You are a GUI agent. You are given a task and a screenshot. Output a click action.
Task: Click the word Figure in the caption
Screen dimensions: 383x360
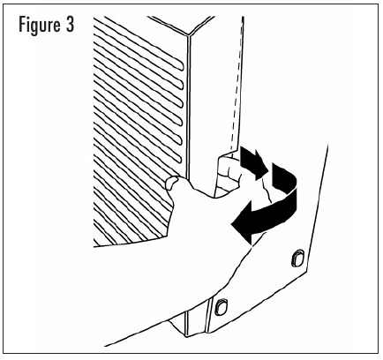pyautogui.click(x=38, y=26)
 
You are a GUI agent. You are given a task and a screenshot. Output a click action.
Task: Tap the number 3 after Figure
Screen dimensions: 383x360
pyautogui.click(x=70, y=24)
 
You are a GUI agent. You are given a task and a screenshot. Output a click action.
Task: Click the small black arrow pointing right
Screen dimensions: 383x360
pyautogui.click(x=254, y=162)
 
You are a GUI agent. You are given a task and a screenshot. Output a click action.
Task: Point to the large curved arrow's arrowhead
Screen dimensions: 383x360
pyautogui.click(x=242, y=222)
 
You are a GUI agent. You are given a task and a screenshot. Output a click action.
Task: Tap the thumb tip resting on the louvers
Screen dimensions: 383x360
pyautogui.click(x=170, y=183)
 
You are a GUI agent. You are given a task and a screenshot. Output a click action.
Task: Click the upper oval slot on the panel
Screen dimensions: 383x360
pyautogui.click(x=298, y=258)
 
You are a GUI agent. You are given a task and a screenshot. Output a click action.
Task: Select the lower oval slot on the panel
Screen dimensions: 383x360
pyautogui.click(x=221, y=307)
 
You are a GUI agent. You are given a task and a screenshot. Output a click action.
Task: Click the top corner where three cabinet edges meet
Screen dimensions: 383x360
pyautogui.click(x=188, y=35)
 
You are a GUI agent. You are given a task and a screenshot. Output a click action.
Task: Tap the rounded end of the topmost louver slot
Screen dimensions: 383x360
pyautogui.click(x=181, y=66)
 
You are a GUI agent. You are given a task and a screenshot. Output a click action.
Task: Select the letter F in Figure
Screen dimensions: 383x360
pyautogui.click(x=22, y=24)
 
